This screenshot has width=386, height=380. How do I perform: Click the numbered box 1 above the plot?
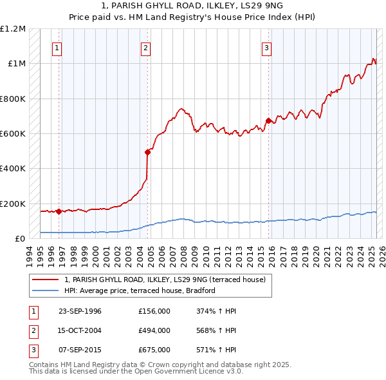[57, 47]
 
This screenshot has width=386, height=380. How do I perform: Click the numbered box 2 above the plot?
[146, 47]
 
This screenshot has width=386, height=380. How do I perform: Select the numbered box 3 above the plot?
[266, 47]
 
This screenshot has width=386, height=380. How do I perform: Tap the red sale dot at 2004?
[147, 152]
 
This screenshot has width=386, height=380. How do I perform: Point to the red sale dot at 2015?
[268, 120]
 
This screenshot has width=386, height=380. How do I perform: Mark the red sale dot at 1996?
[59, 211]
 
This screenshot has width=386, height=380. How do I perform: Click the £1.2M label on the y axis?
[13, 29]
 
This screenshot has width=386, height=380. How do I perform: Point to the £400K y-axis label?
[13, 169]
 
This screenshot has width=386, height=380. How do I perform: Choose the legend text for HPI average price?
[139, 290]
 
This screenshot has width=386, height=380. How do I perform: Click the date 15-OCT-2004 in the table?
[80, 330]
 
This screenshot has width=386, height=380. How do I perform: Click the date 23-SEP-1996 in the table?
[80, 311]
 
